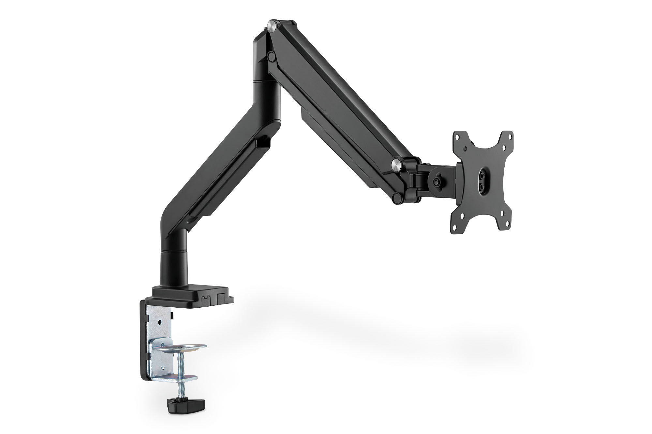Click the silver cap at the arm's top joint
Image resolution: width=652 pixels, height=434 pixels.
[x=272, y=25]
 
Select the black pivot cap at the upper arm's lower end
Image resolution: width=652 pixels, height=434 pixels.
[x=397, y=197]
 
